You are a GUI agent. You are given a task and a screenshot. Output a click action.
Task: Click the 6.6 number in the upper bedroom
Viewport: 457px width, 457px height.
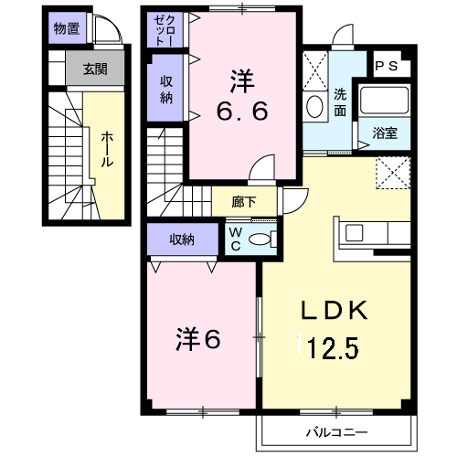[x=241, y=112]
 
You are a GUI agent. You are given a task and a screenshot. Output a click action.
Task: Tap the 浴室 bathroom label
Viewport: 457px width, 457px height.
[x=384, y=133]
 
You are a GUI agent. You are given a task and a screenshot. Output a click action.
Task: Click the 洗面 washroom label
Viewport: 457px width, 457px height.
[x=339, y=102]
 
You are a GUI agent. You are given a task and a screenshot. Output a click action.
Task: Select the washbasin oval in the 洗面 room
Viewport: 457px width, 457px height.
[x=315, y=107]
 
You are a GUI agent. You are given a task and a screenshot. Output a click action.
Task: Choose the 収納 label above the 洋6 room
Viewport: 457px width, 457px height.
[x=182, y=239]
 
